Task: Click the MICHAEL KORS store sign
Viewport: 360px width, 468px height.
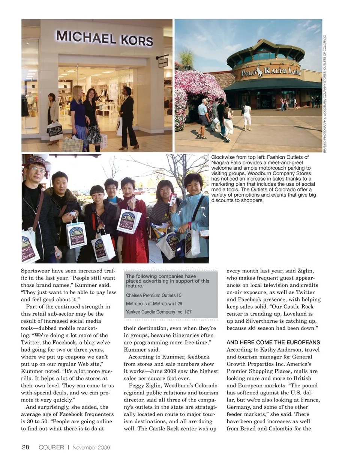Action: click(104, 38)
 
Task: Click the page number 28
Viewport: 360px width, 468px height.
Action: click(25, 447)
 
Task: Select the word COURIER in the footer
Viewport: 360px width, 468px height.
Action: click(51, 447)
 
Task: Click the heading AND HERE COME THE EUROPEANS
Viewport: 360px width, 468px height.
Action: click(273, 342)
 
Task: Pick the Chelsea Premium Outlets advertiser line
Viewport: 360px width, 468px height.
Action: click(154, 295)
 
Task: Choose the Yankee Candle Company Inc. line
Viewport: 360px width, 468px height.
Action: click(159, 311)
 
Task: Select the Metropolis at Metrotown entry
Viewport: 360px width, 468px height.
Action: click(154, 303)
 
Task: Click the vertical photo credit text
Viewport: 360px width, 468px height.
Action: click(325, 93)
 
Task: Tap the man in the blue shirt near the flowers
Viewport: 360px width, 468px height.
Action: click(203, 116)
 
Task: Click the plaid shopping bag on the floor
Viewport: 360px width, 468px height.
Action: click(72, 143)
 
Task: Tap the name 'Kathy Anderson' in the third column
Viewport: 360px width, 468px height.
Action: click(288, 349)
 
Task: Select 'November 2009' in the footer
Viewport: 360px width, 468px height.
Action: click(91, 447)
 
